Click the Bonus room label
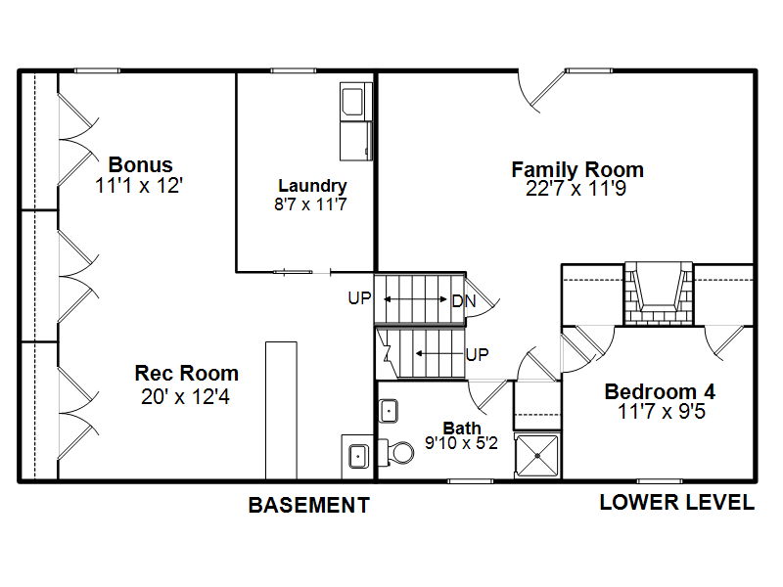140,164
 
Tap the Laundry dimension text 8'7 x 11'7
310,204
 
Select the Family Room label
577,169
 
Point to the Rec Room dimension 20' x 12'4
185,397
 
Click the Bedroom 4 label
660,392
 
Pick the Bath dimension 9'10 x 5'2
461,443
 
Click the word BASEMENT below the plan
309,505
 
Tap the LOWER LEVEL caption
676,502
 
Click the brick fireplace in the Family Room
659,294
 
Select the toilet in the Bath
397,452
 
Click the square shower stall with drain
537,456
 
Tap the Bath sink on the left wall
388,411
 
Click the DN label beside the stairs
464,301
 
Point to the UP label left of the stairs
359,298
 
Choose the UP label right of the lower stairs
477,355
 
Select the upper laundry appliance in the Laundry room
356,102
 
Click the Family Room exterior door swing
540,92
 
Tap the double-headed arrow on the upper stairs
415,299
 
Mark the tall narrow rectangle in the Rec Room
281,411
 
